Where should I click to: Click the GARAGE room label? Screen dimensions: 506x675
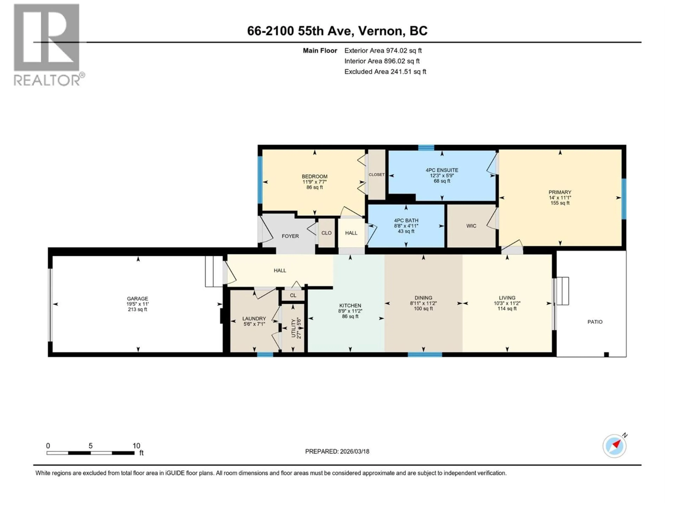[137, 299]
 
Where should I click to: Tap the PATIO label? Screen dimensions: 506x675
[595, 322]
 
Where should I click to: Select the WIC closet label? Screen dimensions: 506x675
[471, 226]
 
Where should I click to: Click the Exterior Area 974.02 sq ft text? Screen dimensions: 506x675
[383, 51]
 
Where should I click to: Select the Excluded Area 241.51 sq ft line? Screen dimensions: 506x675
[385, 72]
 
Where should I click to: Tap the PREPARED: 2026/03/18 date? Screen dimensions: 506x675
[337, 451]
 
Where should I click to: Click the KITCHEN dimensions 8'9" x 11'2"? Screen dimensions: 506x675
[350, 311]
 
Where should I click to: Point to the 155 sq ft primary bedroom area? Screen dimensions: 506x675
[560, 203]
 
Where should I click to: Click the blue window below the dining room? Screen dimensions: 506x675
[425, 354]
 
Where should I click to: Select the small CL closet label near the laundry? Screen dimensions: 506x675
[293, 295]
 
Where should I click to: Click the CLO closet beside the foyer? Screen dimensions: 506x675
[326, 233]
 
